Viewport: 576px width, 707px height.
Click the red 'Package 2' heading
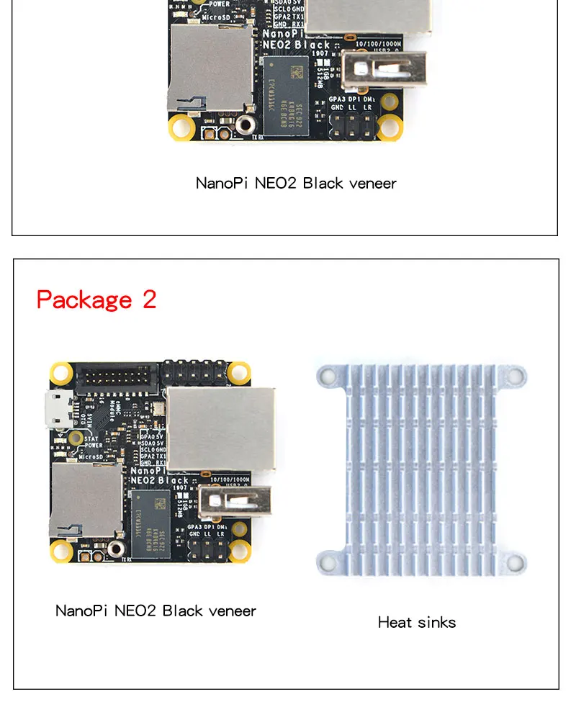click(96, 300)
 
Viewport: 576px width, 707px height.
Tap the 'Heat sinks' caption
click(417, 622)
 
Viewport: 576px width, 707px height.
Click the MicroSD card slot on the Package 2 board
click(85, 500)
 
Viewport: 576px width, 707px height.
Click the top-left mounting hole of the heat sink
click(328, 374)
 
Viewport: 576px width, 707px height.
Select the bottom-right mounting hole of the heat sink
click(516, 562)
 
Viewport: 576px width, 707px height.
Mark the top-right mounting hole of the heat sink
click(516, 374)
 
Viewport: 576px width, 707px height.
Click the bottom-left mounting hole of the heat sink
click(328, 562)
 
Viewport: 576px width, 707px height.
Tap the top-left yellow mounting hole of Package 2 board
click(61, 373)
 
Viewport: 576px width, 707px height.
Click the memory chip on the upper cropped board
click(286, 88)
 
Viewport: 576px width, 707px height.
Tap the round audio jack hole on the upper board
click(246, 125)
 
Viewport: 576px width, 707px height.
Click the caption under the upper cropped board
click(296, 183)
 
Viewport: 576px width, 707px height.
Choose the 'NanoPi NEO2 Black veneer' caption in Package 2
click(156, 611)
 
